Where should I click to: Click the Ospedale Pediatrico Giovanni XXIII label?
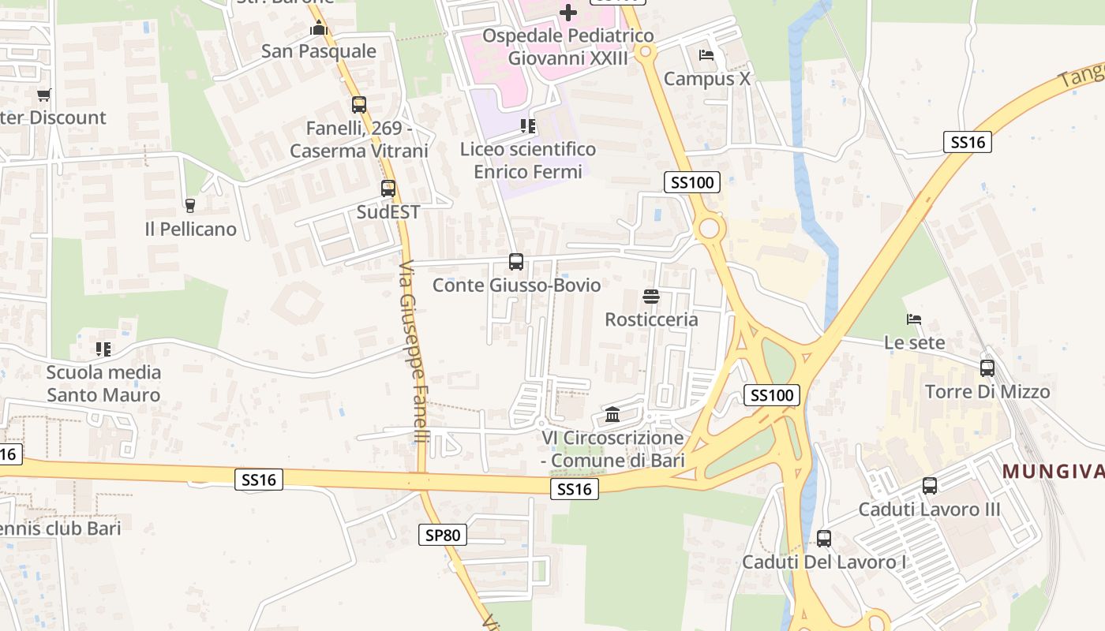[568, 47]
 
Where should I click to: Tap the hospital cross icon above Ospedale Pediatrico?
[568, 13]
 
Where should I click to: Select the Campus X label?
[706, 79]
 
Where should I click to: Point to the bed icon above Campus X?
[706, 55]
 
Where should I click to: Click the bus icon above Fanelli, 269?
[359, 104]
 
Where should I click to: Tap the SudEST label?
[388, 212]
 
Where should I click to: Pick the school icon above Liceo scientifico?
[528, 126]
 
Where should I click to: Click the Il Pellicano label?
[190, 230]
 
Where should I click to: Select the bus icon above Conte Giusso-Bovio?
[516, 262]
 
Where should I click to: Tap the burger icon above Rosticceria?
[651, 297]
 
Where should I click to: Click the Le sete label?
[914, 343]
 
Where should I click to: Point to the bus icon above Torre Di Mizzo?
[987, 368]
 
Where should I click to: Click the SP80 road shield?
[442, 536]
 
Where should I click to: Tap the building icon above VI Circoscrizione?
[612, 414]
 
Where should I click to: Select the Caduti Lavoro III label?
[929, 510]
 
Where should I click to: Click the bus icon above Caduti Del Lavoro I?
[824, 539]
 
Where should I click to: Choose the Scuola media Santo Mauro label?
[103, 383]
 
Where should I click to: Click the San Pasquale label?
[319, 51]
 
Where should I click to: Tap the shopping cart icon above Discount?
[43, 95]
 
